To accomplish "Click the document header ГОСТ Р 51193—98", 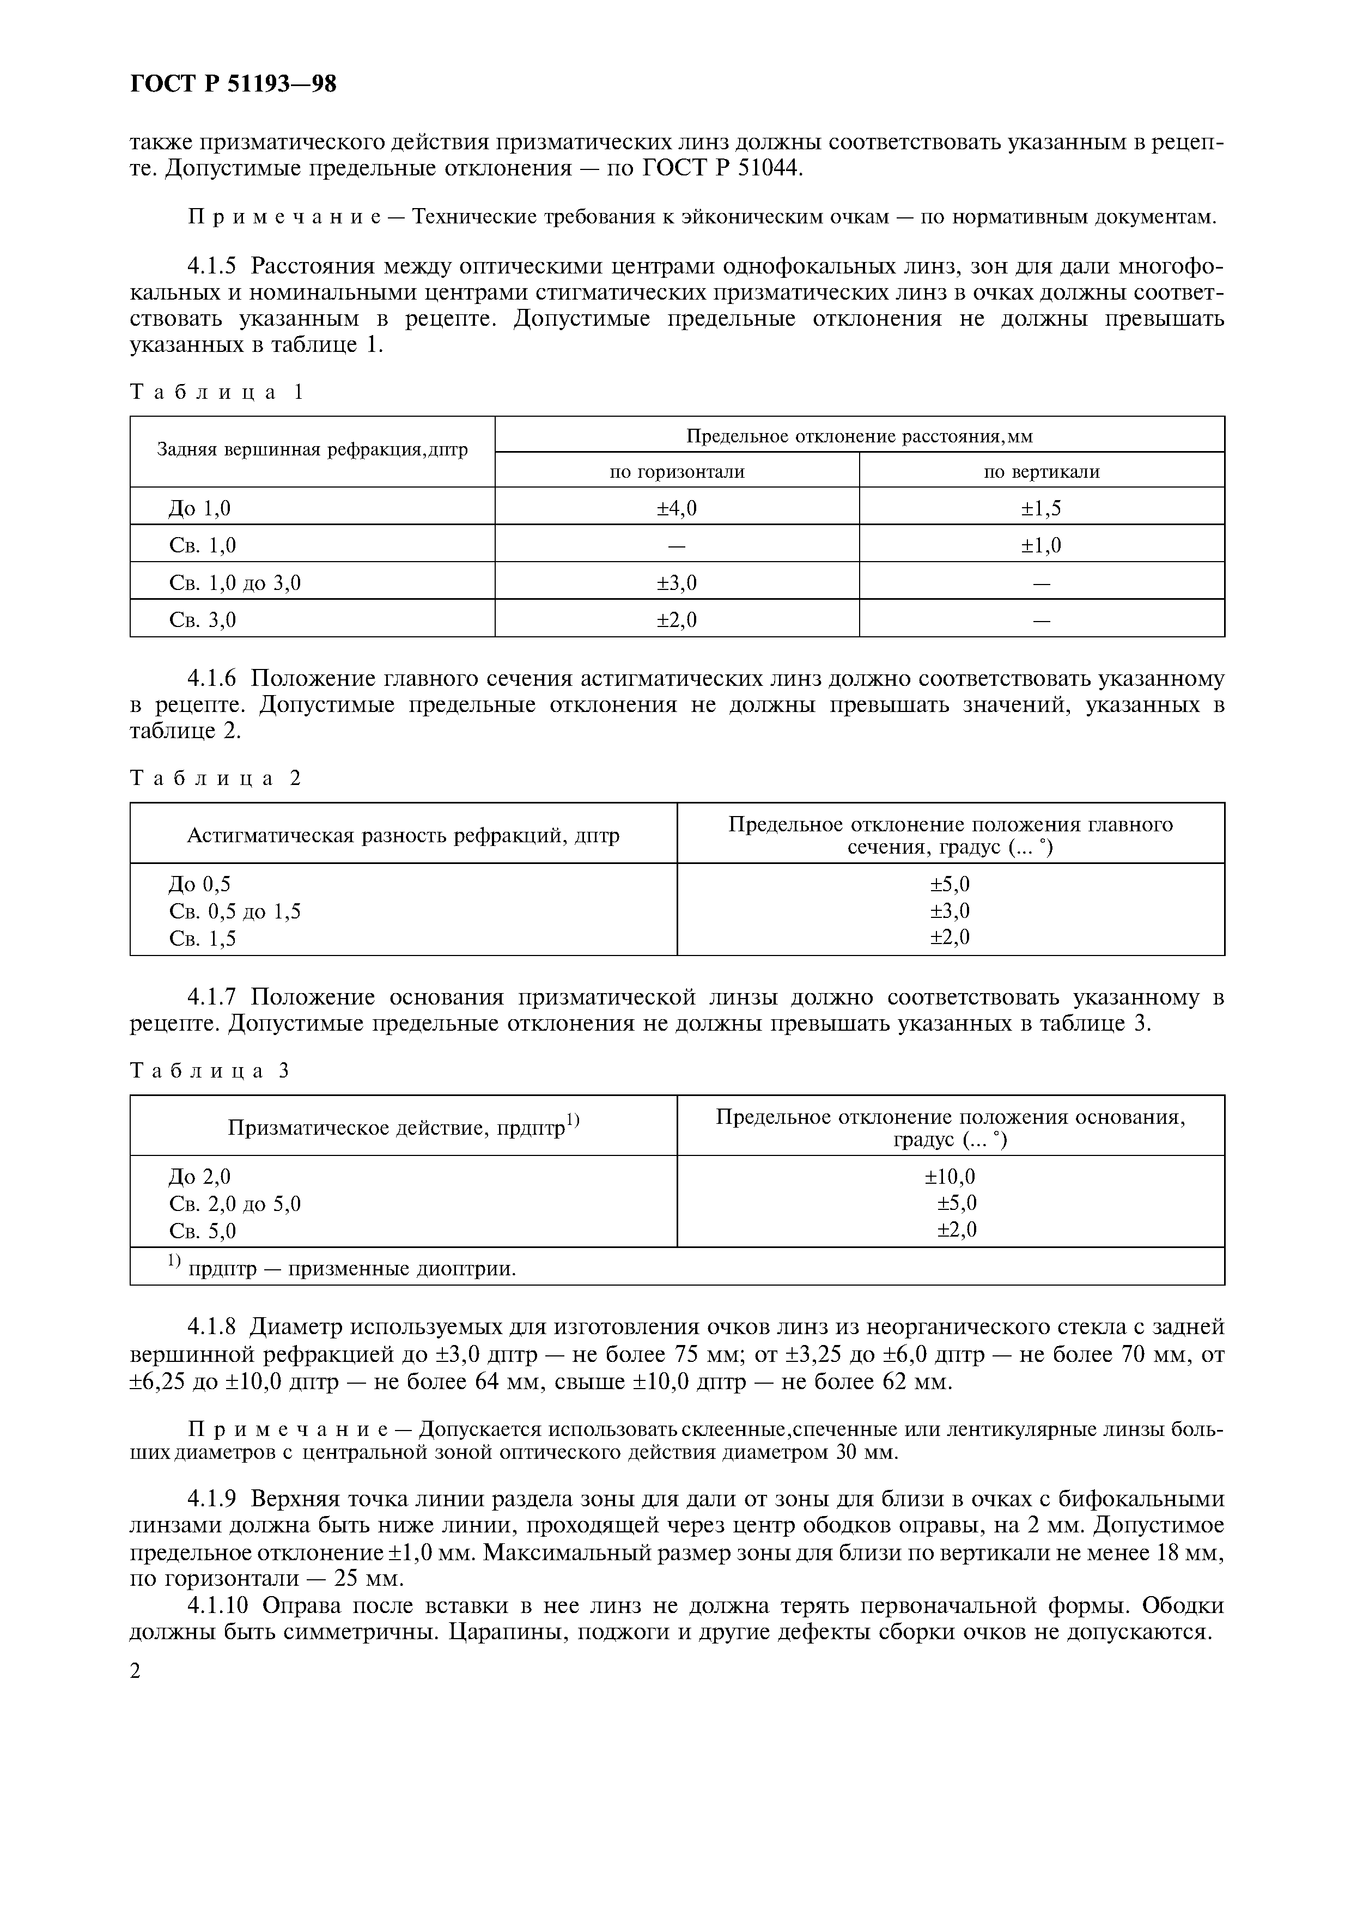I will pyautogui.click(x=233, y=84).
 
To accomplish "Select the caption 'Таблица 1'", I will pyautogui.click(x=218, y=392).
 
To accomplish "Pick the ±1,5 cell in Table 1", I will pyautogui.click(x=1042, y=508).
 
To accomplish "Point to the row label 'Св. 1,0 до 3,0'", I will pyautogui.click(x=235, y=583).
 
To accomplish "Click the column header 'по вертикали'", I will pyautogui.click(x=1042, y=472).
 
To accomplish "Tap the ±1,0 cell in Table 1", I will pyautogui.click(x=1042, y=545).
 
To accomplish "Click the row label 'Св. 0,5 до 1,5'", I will pyautogui.click(x=235, y=911).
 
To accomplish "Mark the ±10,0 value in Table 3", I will pyautogui.click(x=950, y=1176).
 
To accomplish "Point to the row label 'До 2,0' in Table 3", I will pyautogui.click(x=200, y=1176).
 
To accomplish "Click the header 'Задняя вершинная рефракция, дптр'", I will pyautogui.click(x=312, y=451).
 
